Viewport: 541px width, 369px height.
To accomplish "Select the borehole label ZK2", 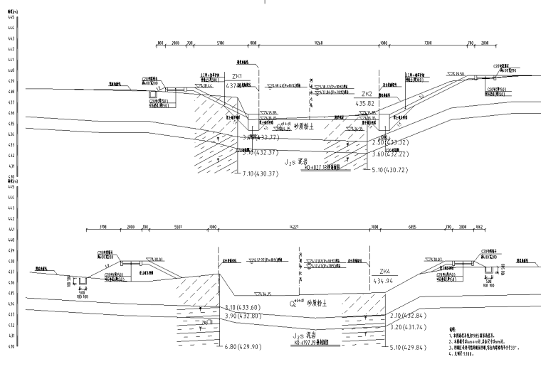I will (x=367, y=94).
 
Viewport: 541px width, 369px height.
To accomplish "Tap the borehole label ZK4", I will (x=385, y=272).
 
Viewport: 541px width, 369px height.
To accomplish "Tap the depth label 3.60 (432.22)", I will (x=390, y=153).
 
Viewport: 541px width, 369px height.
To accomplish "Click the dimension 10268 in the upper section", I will (x=317, y=43).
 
